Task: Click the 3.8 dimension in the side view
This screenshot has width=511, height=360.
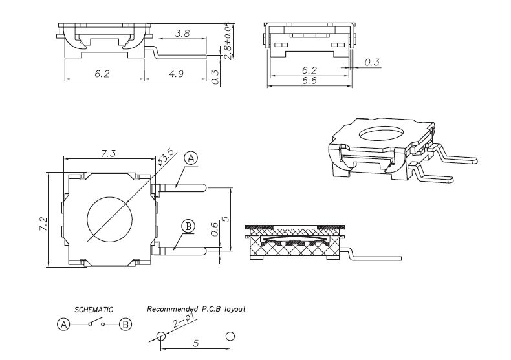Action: coord(182,33)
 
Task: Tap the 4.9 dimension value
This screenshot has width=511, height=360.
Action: coord(176,74)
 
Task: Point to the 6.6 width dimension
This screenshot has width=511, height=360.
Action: coord(309,80)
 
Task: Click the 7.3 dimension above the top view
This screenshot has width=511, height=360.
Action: coord(109,153)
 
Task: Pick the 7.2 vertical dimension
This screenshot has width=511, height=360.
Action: coord(43,223)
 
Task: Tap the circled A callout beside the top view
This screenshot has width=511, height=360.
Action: coord(190,157)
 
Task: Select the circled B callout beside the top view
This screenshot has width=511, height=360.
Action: coord(188,226)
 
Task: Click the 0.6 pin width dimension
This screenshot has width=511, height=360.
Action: coord(214,229)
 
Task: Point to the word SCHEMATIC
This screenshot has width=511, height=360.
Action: coord(94,310)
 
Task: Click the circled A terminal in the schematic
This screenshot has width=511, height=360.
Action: coord(63,324)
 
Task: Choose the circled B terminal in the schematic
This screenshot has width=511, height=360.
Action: coord(125,324)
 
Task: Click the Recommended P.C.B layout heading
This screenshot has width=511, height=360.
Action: coord(196,309)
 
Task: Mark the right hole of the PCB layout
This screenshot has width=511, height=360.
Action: coord(230,337)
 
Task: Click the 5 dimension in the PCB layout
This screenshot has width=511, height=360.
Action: coord(195,344)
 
